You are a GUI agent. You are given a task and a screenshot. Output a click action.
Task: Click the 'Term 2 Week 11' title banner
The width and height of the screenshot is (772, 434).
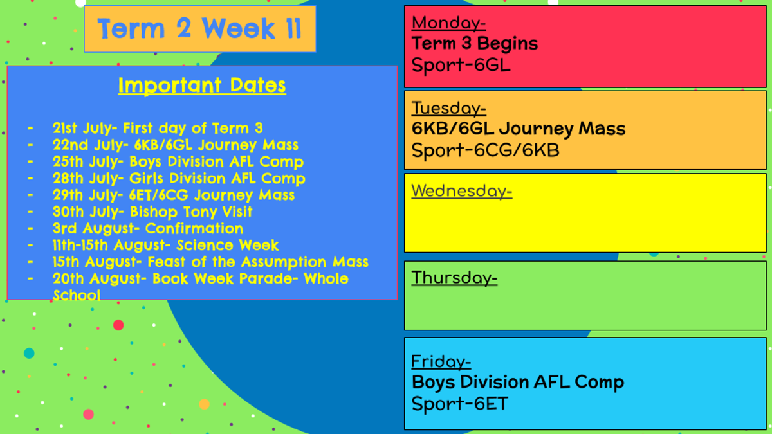tap(200, 29)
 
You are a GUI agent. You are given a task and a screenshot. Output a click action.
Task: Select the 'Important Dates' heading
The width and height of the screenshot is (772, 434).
tap(202, 86)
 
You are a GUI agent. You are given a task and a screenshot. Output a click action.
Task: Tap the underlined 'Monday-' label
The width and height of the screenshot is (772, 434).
tap(449, 23)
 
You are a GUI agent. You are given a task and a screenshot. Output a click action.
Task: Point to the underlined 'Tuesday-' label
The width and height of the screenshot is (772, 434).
tap(449, 108)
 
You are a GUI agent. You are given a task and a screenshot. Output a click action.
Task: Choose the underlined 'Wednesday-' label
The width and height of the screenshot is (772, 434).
tap(462, 191)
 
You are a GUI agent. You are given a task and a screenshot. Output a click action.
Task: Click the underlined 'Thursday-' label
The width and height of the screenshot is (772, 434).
tap(455, 278)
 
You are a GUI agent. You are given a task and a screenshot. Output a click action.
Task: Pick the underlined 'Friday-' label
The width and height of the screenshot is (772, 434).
tap(441, 361)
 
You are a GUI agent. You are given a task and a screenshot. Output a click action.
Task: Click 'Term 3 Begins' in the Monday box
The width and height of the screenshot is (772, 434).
tap(475, 44)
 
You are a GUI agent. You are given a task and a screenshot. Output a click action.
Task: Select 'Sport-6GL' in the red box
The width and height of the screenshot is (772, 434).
tap(461, 65)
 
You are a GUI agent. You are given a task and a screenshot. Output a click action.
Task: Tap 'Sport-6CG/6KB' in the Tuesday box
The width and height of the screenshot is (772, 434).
tap(485, 150)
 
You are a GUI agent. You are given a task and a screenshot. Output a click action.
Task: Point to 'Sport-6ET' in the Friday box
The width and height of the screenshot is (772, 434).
tap(460, 404)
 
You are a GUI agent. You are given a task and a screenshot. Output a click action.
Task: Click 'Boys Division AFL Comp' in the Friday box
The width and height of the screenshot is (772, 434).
tap(518, 383)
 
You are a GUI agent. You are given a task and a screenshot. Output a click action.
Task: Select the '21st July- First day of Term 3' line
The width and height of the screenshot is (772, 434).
tap(158, 128)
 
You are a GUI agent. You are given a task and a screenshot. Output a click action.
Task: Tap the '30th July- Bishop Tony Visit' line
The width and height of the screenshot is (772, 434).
tap(152, 212)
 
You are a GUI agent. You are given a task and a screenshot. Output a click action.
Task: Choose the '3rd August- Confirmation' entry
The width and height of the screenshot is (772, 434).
tap(148, 228)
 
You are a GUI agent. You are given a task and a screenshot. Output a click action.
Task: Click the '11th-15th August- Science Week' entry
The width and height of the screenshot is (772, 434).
tap(165, 245)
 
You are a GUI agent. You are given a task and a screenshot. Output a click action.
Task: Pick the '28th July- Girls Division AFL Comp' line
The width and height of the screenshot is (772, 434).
tap(179, 179)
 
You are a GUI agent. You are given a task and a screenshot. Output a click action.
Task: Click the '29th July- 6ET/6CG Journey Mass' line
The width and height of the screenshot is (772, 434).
tap(174, 195)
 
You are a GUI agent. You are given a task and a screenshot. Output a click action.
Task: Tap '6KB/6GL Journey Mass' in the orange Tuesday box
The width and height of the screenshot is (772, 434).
tap(519, 129)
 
